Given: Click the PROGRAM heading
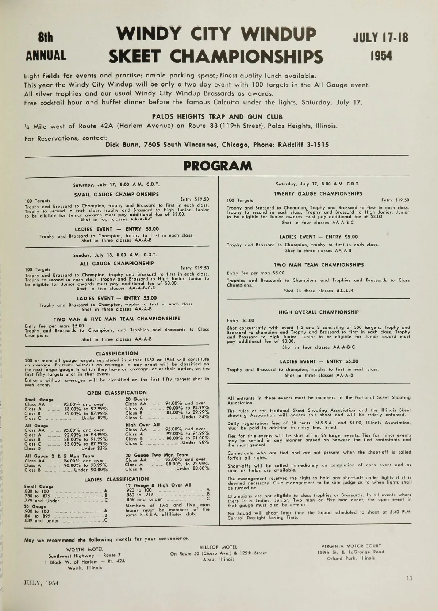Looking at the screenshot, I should (x=218, y=166).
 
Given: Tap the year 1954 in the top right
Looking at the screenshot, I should (x=381, y=56).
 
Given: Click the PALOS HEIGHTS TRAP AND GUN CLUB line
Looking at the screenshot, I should (x=217, y=117).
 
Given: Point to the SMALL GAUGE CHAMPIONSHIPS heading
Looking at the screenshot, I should (x=116, y=194).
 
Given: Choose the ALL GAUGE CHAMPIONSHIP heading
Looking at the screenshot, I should (x=116, y=263).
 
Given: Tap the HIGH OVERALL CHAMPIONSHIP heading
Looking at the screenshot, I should (x=318, y=312).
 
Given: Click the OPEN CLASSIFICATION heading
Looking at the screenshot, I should (x=116, y=393).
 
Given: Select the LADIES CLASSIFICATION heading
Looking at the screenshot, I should (x=116, y=479).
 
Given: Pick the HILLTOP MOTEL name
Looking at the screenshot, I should (x=218, y=547).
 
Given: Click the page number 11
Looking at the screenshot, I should (x=409, y=578).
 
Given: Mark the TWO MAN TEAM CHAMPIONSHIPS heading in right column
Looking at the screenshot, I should (x=318, y=265).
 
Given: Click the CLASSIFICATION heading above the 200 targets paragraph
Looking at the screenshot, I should (x=116, y=353).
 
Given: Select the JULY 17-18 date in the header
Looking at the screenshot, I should (x=381, y=38).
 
